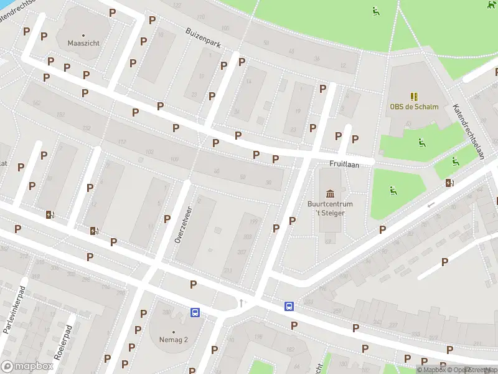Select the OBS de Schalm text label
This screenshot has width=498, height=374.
(414, 107)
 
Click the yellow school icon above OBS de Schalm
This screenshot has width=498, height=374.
(414, 96)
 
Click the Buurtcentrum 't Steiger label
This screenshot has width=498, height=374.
(330, 208)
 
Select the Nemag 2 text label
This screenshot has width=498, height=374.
(173, 340)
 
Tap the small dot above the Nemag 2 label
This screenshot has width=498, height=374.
(173, 332)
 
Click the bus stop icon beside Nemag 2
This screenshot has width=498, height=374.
(195, 313)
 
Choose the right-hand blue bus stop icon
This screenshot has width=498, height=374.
(289, 306)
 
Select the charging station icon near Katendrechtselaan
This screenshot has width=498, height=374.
(449, 183)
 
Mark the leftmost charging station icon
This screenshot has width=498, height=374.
(50, 215)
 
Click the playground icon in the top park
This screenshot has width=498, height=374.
(375, 11)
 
